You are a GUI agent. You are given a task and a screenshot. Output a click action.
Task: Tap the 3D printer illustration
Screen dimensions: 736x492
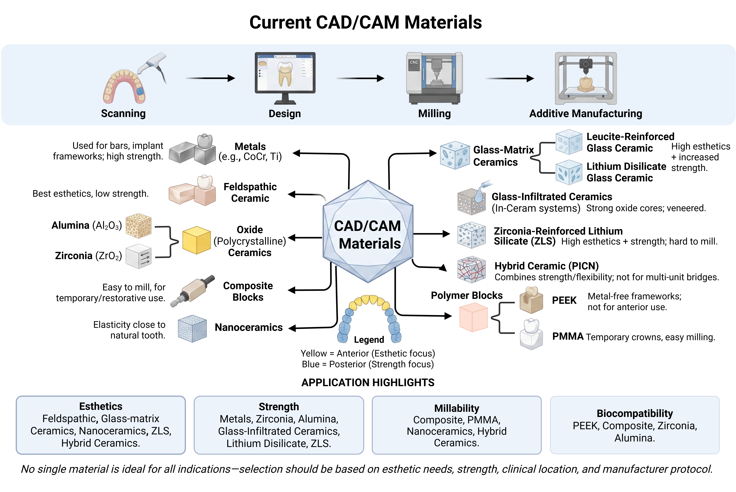coord(586,78)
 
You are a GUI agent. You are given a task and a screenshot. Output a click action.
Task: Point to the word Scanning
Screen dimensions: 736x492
coord(123,113)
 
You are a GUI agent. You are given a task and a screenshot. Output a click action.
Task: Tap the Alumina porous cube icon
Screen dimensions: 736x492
coord(138,226)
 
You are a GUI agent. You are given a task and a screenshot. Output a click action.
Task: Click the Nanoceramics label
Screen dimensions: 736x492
coord(249,327)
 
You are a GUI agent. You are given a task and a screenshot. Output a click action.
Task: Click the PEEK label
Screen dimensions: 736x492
coord(564,300)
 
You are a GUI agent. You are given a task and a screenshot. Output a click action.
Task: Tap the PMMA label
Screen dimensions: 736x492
coord(568,336)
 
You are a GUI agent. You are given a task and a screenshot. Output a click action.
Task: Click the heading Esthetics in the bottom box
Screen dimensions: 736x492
coord(101,406)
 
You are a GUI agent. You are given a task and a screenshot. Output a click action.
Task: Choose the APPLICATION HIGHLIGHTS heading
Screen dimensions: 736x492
coord(368,382)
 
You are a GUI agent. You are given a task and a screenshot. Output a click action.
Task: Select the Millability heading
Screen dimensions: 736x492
coord(457,408)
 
